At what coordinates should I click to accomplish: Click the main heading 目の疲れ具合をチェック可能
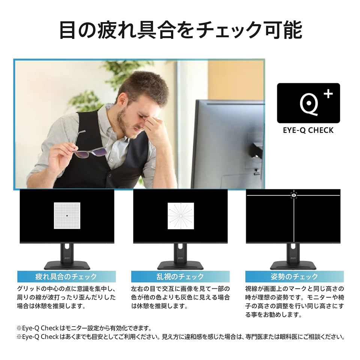[180, 30]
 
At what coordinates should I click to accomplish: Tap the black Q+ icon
[308, 103]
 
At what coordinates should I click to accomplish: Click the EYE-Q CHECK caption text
[308, 131]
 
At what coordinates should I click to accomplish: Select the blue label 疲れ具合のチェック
[66, 277]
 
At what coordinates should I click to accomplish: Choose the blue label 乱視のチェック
[180, 277]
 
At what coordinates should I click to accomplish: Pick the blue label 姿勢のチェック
[294, 277]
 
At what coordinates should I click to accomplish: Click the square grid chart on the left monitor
[67, 216]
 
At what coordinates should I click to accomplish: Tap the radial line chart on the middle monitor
[180, 216]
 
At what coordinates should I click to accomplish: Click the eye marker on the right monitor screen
[294, 195]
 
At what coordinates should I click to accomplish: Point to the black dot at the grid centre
[67, 216]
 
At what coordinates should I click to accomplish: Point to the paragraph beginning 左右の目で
[180, 297]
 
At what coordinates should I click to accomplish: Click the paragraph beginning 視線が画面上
[294, 302]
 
